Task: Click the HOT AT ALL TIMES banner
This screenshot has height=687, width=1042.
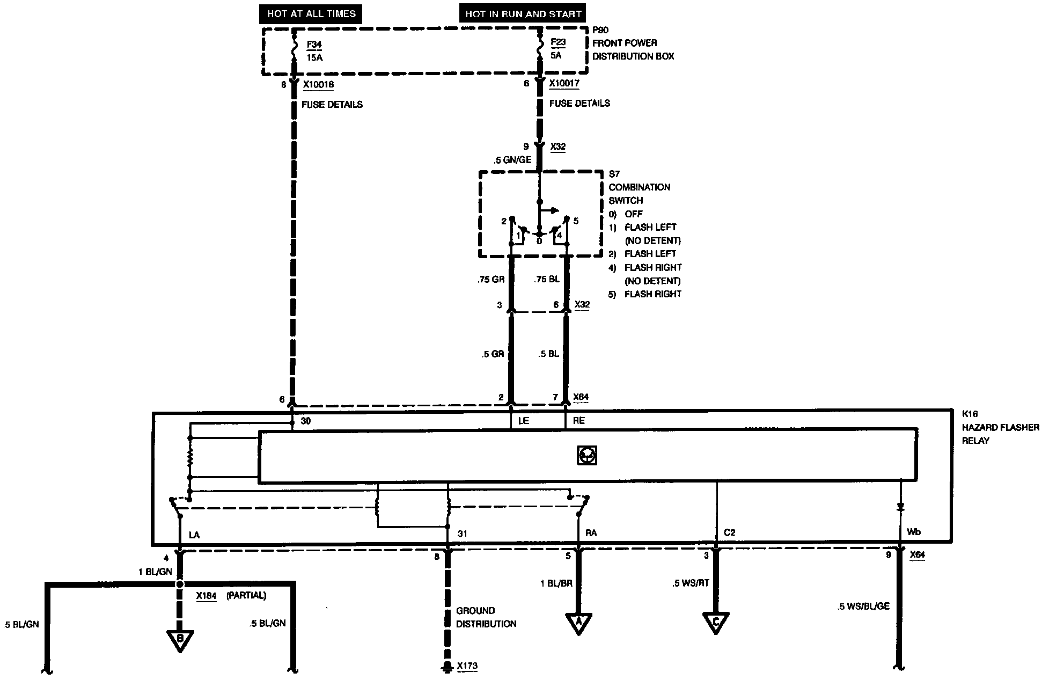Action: (x=311, y=14)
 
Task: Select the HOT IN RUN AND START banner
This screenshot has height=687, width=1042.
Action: (x=523, y=14)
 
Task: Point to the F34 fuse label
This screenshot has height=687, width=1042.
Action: (x=314, y=45)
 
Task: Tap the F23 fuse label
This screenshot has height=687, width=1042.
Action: (x=558, y=42)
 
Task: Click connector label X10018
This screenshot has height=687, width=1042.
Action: (x=318, y=84)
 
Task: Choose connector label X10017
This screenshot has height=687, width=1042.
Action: (x=564, y=83)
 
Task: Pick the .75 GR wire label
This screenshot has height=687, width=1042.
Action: (x=490, y=279)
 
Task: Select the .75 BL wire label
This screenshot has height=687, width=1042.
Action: (x=547, y=279)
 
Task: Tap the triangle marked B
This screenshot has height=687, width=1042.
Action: (x=180, y=639)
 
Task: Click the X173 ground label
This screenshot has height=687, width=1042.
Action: (x=467, y=666)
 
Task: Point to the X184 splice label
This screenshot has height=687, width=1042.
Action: (x=206, y=595)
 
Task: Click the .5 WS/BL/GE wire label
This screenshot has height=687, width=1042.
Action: (x=863, y=606)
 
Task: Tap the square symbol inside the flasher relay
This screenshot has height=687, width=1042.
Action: (x=586, y=456)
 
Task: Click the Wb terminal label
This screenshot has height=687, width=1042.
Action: (x=913, y=532)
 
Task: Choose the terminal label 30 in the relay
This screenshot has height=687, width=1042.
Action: (x=305, y=421)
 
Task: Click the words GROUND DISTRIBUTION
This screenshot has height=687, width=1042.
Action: (x=486, y=617)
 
